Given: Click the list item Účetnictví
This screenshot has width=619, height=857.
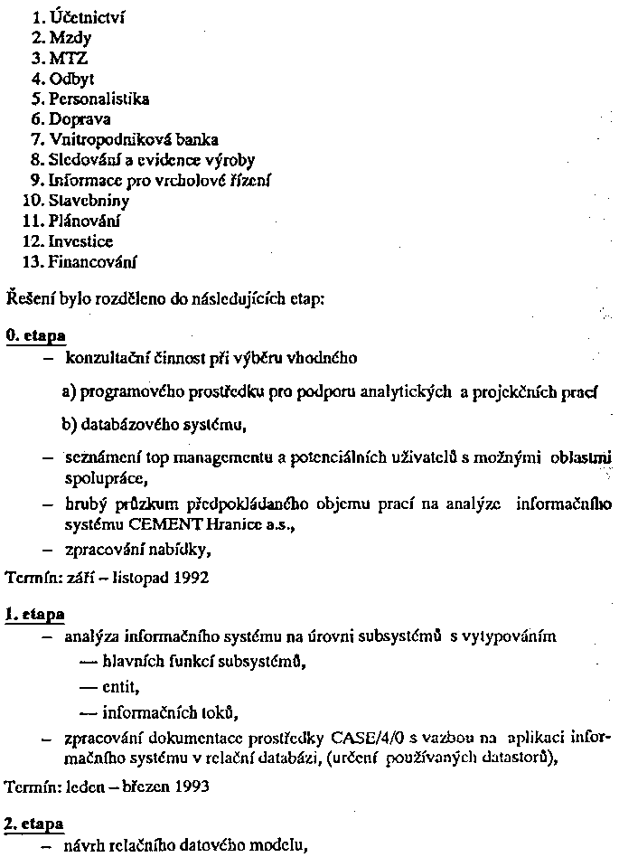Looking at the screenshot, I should pos(77,15).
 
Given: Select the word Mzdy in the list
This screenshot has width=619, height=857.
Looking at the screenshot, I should pos(73,37).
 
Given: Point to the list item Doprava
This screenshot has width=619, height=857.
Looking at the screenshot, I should pos(79,118).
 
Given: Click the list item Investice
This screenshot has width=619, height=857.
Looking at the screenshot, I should pos(80,241).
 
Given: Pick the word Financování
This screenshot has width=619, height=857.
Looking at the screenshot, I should pos(93,262).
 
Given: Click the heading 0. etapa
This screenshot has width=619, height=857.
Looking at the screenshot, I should pos(35,335).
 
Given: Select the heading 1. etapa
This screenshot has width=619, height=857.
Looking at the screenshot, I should pos(35,615).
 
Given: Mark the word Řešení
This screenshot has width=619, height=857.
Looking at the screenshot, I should pos(27,298).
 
